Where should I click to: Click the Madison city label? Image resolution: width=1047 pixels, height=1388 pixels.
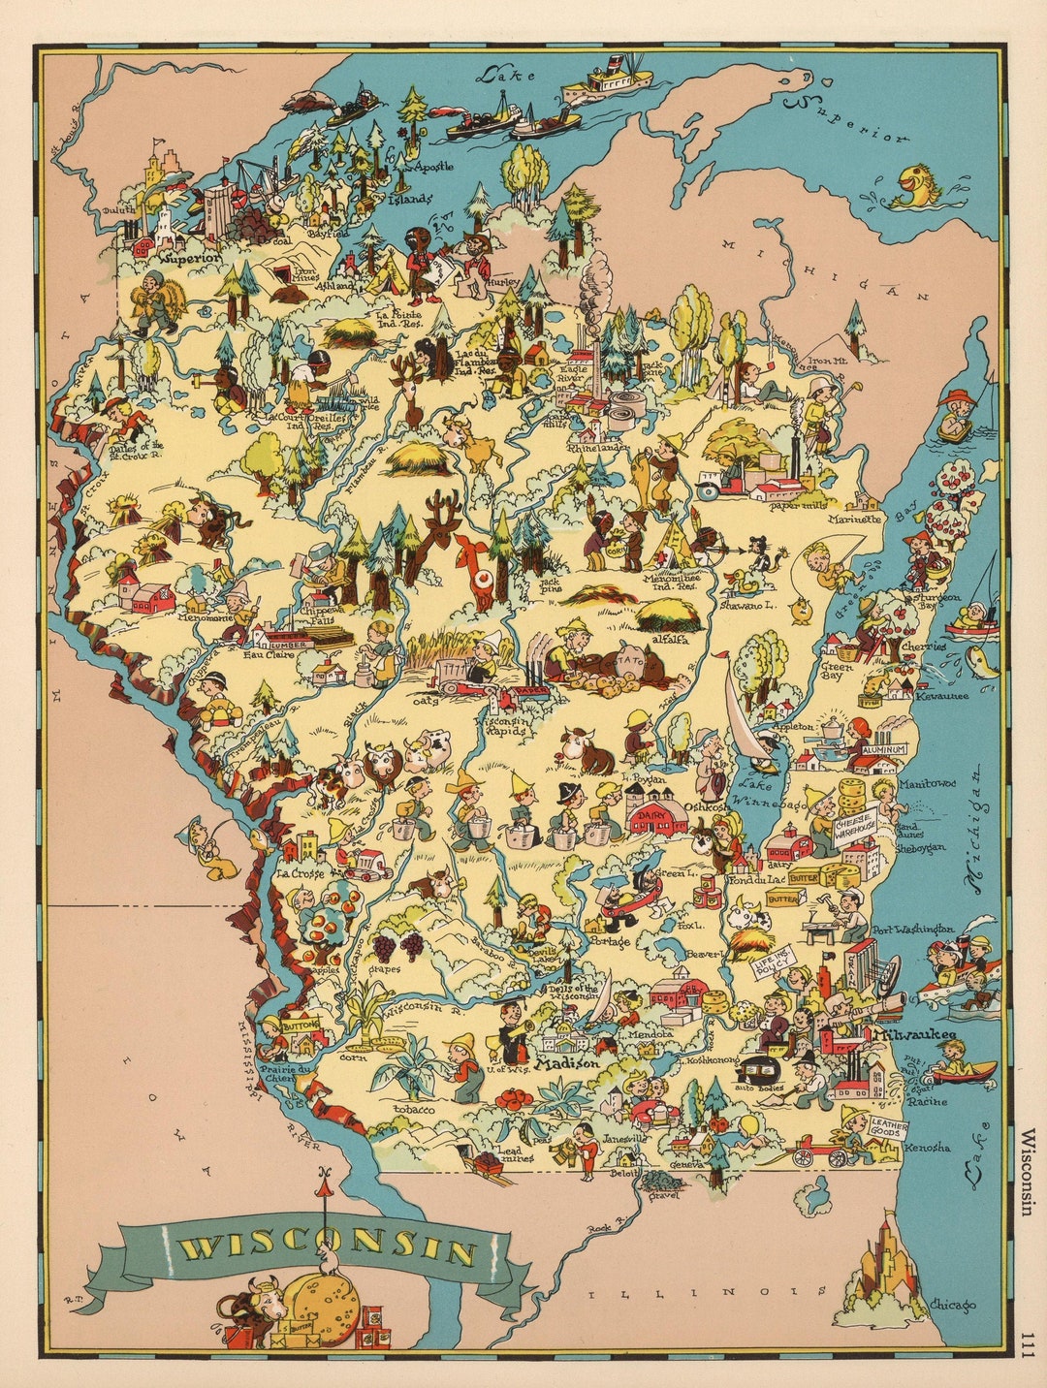coord(568,1062)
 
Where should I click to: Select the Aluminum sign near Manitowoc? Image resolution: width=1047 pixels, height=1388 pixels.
coord(880,749)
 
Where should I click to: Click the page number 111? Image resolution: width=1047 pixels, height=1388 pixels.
coord(1028,1341)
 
